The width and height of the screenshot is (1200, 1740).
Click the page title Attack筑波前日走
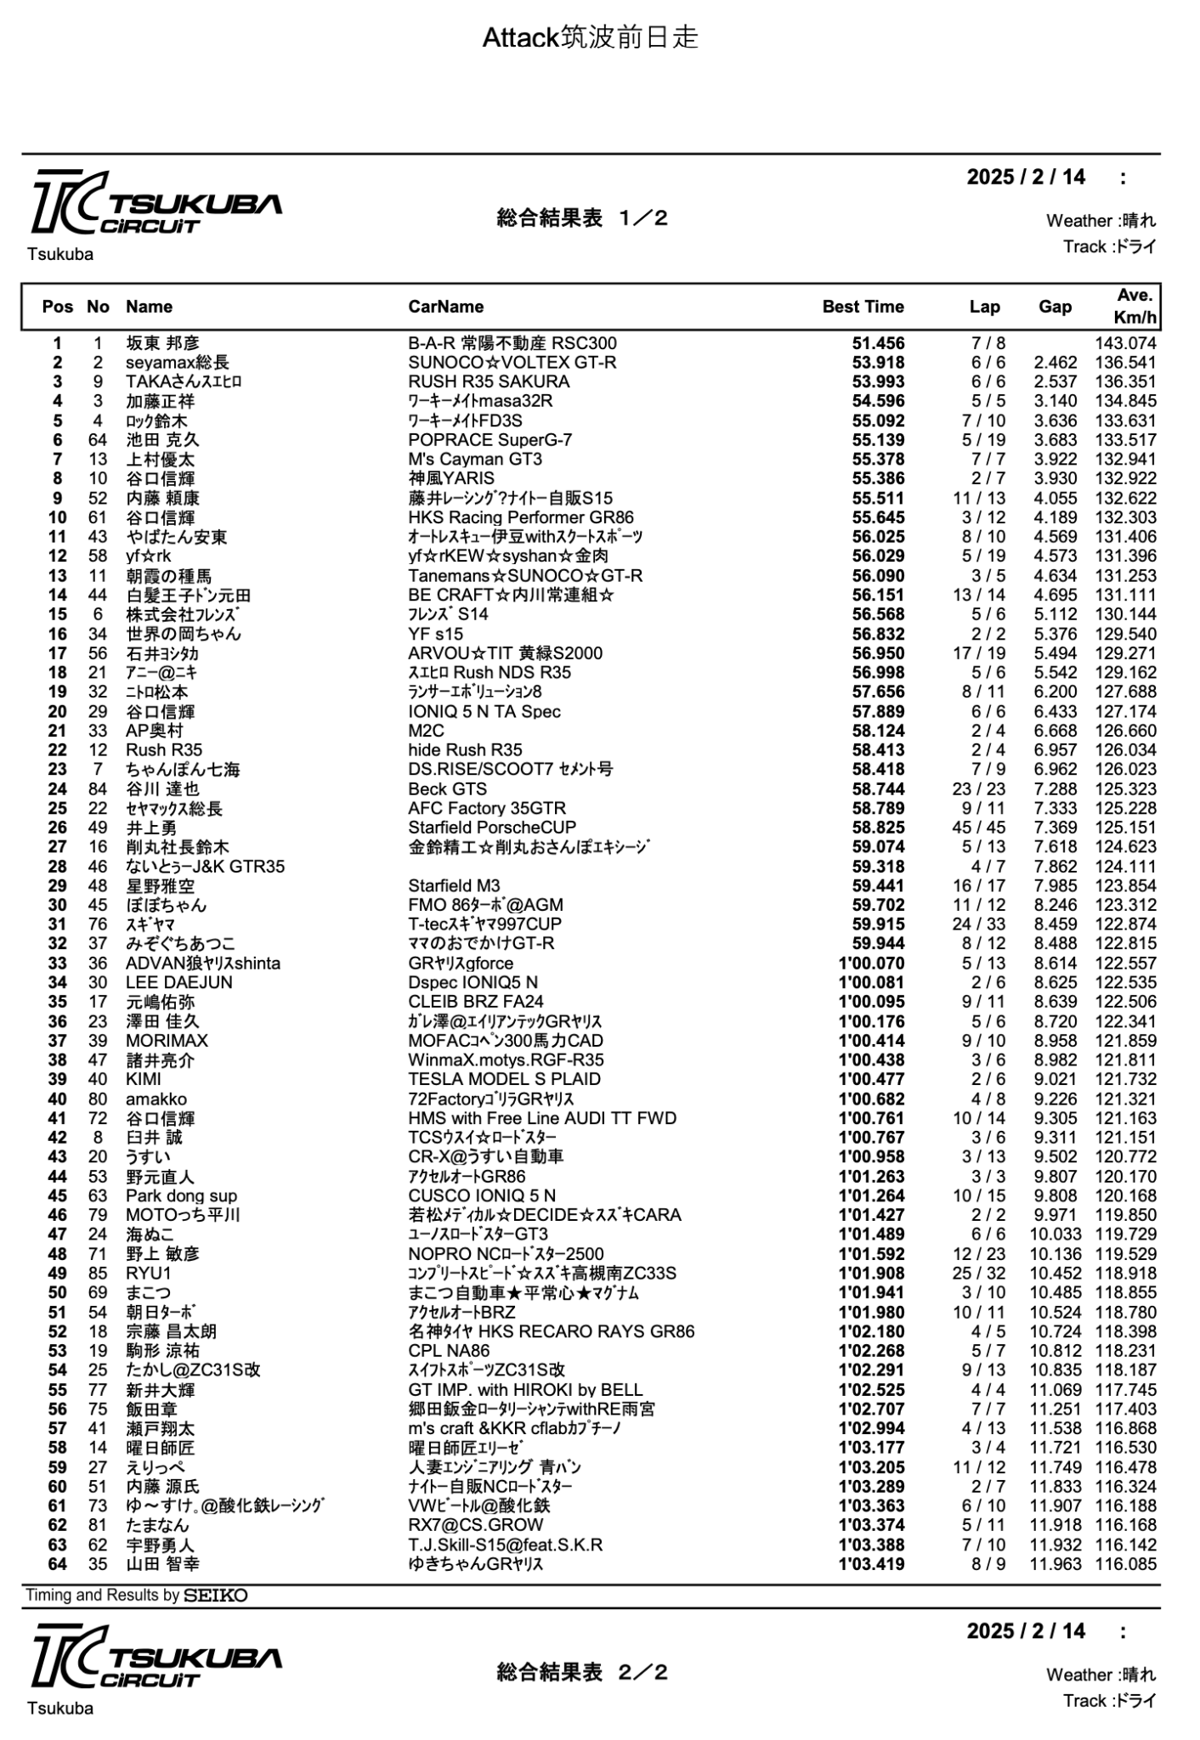click(x=590, y=37)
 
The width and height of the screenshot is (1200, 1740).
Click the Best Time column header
click(x=863, y=307)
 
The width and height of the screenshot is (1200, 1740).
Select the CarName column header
click(x=445, y=307)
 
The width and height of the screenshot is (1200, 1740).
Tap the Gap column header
click(x=1055, y=307)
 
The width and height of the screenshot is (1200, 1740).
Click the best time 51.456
click(x=878, y=343)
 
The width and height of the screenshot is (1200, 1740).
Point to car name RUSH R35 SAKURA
click(x=489, y=381)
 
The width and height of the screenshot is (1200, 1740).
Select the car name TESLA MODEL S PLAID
click(x=504, y=1079)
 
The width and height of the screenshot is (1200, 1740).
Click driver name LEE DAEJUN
click(x=178, y=982)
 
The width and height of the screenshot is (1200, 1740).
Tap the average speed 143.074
click(x=1125, y=343)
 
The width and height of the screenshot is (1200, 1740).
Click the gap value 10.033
click(x=1056, y=1234)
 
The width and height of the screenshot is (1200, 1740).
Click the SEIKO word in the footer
click(x=216, y=1596)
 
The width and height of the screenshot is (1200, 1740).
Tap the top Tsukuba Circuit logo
click(x=156, y=203)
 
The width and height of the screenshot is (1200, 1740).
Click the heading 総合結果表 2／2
click(x=582, y=1672)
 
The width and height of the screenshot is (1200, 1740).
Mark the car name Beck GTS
click(x=447, y=788)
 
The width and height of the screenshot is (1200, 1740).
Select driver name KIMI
click(x=144, y=1079)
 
